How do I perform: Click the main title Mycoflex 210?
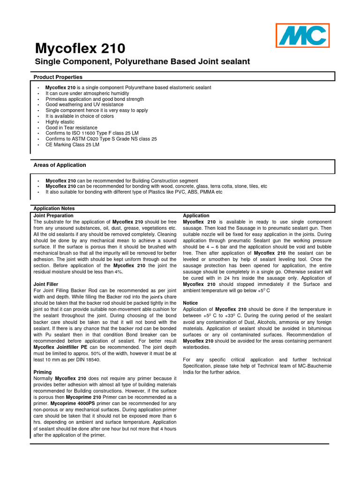(81, 48)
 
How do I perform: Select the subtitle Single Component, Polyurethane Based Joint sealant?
(143, 62)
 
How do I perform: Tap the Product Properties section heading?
(58, 77)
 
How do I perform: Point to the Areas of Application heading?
(60, 165)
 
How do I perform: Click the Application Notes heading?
(54, 208)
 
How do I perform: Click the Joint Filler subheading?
(45, 284)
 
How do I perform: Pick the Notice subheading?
(190, 303)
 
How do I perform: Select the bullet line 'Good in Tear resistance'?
(71, 127)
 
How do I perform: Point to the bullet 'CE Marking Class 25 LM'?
(72, 145)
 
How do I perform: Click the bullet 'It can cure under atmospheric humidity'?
(87, 93)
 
